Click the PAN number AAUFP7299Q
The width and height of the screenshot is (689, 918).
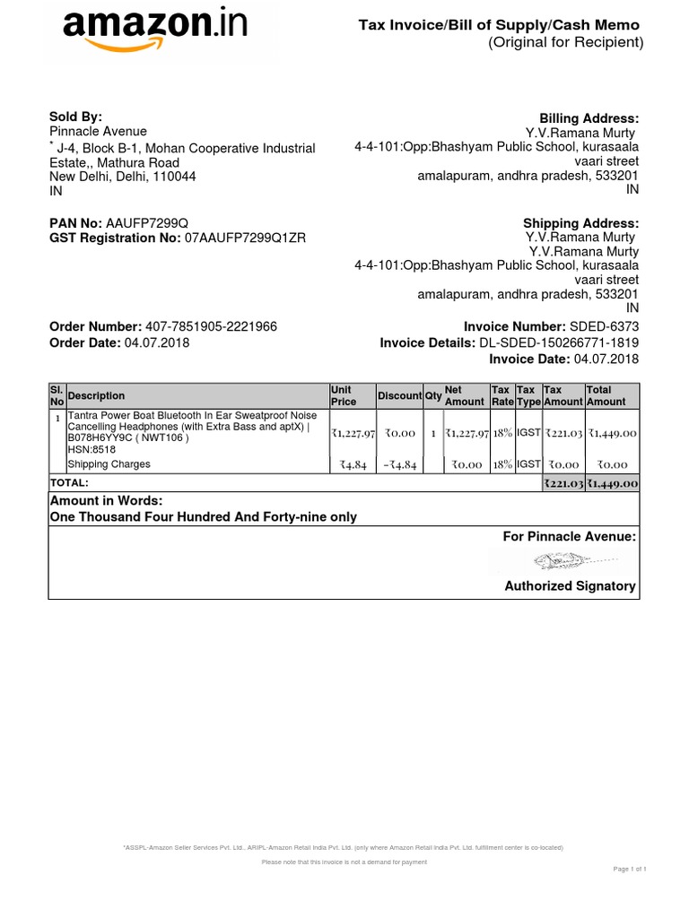pos(147,223)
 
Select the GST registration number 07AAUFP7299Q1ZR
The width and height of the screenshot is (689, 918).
pos(245,238)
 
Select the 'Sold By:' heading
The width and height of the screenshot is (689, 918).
pos(75,117)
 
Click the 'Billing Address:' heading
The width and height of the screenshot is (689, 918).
pos(589,118)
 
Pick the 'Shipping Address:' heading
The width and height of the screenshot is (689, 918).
pos(581,223)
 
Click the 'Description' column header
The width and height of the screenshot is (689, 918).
pos(97,396)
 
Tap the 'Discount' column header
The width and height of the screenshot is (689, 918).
pos(399,396)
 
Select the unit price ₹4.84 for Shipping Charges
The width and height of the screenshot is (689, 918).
pos(351,464)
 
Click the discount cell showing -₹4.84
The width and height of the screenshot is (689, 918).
pos(397,464)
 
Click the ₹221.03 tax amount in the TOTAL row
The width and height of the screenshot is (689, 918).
pos(563,483)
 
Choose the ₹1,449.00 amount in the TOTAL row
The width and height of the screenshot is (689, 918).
pos(612,483)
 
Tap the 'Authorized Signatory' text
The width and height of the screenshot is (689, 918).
pos(570,586)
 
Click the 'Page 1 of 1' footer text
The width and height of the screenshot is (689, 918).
pos(629,870)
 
